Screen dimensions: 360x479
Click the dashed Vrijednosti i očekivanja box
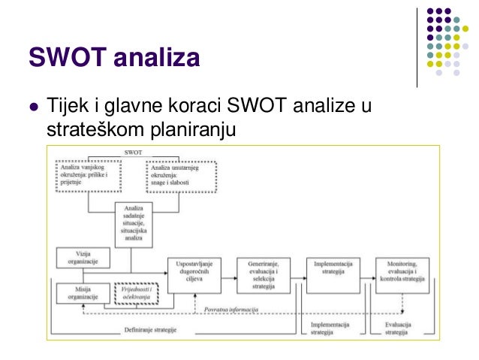pyautogui.click(x=137, y=293)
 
